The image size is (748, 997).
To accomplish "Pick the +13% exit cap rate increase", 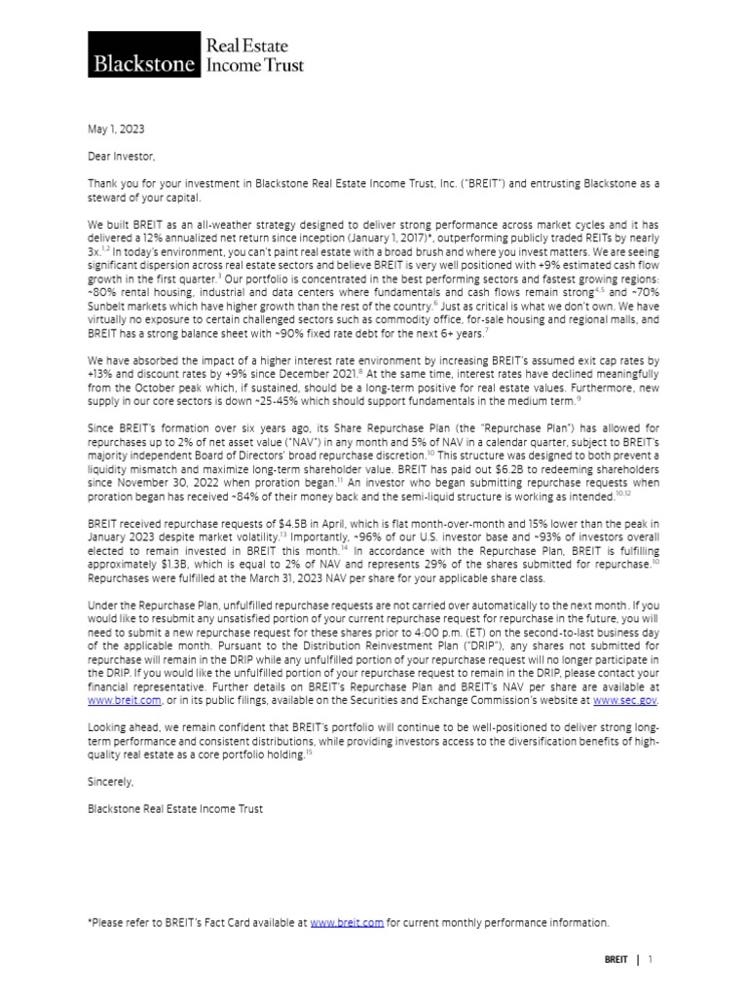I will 100,374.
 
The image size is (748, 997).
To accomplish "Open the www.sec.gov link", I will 625,698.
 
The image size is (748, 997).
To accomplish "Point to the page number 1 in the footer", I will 650,959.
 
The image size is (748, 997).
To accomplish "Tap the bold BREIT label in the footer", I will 616,959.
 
